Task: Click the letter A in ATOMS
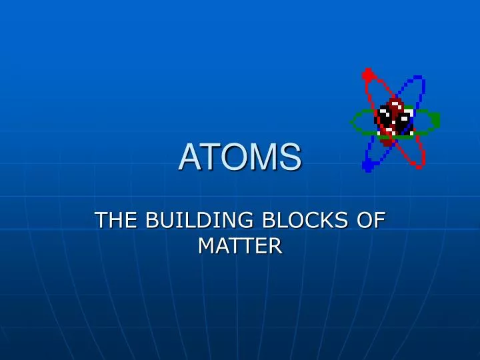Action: (189, 158)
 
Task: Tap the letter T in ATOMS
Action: (210, 158)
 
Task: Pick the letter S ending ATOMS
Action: (288, 158)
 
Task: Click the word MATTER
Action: (240, 246)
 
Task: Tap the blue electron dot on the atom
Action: (367, 165)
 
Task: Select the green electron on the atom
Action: (435, 120)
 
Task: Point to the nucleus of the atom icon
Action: (395, 120)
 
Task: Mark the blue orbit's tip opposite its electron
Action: (420, 79)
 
